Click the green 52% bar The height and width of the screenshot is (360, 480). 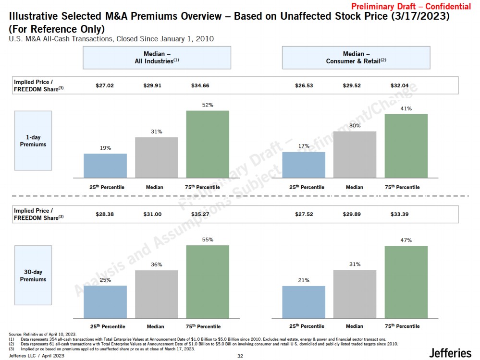pyautogui.click(x=208, y=144)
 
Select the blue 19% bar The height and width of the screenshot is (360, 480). pyautogui.click(x=105, y=166)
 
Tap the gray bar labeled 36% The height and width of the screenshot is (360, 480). pyautogui.click(x=157, y=294)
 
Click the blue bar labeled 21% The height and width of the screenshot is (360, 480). pyautogui.click(x=304, y=302)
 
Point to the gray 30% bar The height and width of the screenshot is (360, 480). pyautogui.click(x=355, y=154)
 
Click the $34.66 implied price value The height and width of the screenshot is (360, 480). pyautogui.click(x=200, y=86)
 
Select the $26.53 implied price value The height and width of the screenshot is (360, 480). pyautogui.click(x=304, y=86)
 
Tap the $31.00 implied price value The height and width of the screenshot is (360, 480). pyautogui.click(x=152, y=214)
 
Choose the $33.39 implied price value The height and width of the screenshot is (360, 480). pyautogui.click(x=400, y=214)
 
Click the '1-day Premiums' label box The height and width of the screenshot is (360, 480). pyautogui.click(x=33, y=141)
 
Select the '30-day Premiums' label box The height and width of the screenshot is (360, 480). pyautogui.click(x=33, y=276)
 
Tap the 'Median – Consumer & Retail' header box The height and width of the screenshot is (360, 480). pyautogui.click(x=356, y=58)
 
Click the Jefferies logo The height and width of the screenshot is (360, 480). pyautogui.click(x=450, y=353)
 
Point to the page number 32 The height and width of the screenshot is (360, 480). pyautogui.click(x=240, y=356)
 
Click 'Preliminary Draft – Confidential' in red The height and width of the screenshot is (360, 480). pyautogui.click(x=411, y=6)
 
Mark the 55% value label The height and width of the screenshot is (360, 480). pyautogui.click(x=208, y=240)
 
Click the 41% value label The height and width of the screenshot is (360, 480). pyautogui.click(x=406, y=108)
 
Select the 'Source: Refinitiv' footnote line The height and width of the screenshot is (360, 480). pyautogui.click(x=43, y=334)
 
